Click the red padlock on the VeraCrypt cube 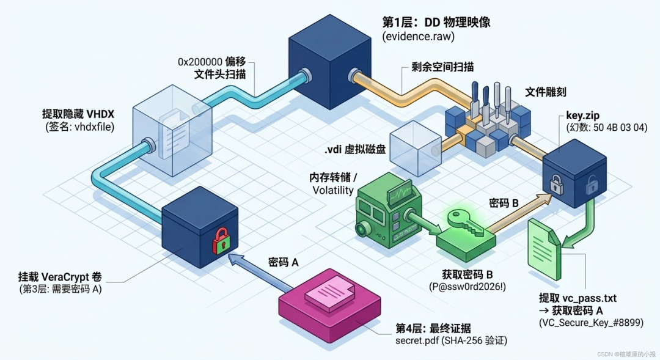[221, 241]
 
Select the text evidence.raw [419, 36]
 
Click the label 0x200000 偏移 [211, 62]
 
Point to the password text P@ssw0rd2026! [468, 287]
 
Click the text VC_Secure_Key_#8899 [591, 323]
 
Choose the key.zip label [582, 116]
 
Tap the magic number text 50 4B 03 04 [620, 127]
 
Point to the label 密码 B [504, 204]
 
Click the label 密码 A [284, 262]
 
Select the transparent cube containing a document [172, 131]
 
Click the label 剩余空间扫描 [442, 67]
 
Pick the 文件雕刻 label [545, 92]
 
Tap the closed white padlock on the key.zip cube [557, 185]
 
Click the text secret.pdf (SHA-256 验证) [451, 340]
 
